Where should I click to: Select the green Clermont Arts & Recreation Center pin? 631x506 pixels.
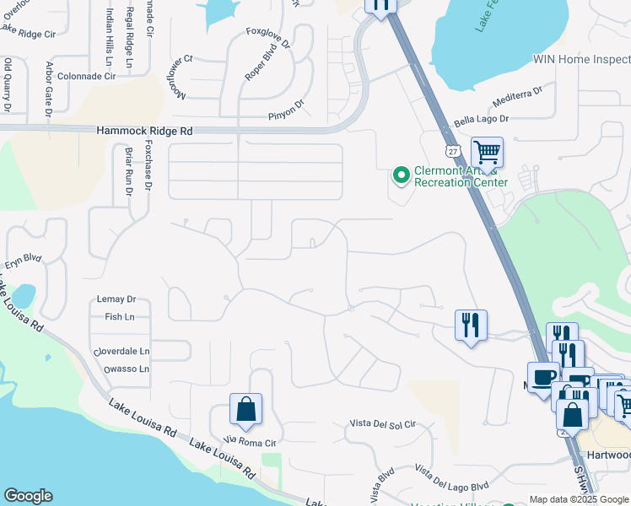pyautogui.click(x=402, y=175)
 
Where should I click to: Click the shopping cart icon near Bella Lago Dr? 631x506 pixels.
pyautogui.click(x=487, y=153)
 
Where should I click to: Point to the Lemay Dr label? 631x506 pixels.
pyautogui.click(x=116, y=299)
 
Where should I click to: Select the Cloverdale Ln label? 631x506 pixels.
pyautogui.click(x=121, y=351)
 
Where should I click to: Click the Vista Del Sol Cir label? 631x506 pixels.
pyautogui.click(x=383, y=424)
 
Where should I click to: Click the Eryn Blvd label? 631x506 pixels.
pyautogui.click(x=23, y=261)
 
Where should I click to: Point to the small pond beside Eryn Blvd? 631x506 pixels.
pyautogui.click(x=24, y=296)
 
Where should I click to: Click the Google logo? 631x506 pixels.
pyautogui.click(x=28, y=496)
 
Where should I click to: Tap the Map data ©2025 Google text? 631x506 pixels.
pyautogui.click(x=578, y=499)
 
